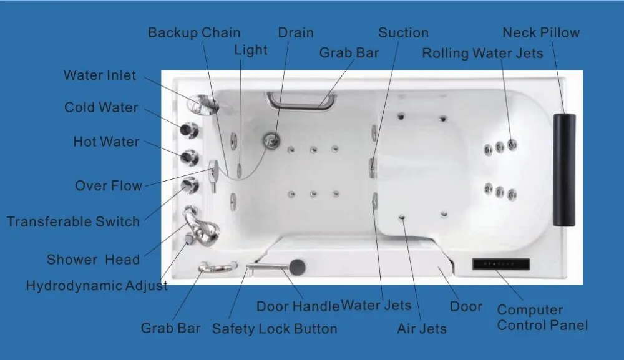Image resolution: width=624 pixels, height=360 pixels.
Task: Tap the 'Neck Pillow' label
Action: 541,32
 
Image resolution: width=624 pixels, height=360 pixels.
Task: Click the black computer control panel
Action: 500,264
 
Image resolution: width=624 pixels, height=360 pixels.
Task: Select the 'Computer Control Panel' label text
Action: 542,318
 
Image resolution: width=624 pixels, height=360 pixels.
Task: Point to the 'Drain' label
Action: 296,32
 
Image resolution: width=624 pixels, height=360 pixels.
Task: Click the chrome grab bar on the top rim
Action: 301,100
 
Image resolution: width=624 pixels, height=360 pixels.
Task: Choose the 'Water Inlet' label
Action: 99,75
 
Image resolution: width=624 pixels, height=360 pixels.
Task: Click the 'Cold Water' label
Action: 101,107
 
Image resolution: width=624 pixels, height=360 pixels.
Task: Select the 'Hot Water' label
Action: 106,142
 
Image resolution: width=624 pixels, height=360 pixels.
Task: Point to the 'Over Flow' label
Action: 108,186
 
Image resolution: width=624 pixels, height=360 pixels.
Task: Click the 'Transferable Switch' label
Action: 73,221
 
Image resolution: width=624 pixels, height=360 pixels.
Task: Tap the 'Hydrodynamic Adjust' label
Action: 97,286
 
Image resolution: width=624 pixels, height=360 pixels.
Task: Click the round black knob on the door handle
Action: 298,266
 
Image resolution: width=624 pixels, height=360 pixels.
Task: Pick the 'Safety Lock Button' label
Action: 275,329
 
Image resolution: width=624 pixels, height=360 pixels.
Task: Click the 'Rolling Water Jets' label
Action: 482,53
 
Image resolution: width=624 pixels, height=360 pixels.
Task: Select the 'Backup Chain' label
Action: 194,32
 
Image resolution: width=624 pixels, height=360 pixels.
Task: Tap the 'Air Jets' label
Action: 422,329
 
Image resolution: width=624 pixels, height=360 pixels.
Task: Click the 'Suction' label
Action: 403,32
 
